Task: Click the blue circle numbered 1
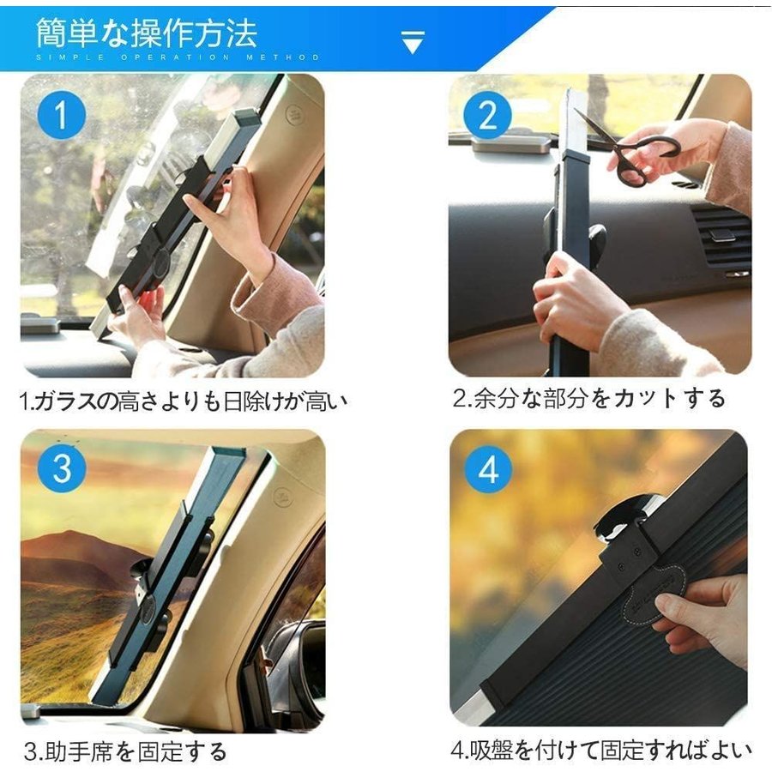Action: click(62, 115)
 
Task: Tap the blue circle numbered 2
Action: click(487, 115)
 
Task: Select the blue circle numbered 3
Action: click(62, 467)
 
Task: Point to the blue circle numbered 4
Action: click(488, 468)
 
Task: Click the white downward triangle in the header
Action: click(413, 42)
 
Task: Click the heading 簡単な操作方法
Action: click(147, 33)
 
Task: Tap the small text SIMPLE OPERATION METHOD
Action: click(178, 57)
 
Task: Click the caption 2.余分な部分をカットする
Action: click(588, 398)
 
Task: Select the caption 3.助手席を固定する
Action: click(125, 751)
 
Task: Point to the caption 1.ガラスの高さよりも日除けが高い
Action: click(184, 401)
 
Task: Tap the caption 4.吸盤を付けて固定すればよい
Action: click(601, 750)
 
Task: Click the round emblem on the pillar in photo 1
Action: click(294, 114)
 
